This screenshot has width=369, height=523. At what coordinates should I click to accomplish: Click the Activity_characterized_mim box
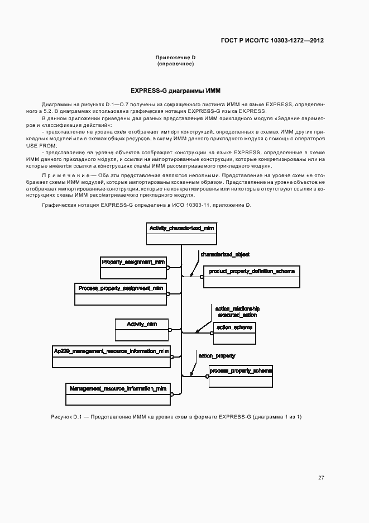180,234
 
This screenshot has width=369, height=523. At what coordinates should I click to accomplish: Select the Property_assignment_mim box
133,267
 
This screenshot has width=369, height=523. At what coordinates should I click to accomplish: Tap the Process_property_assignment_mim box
121,294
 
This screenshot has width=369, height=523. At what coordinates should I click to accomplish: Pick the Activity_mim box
141,330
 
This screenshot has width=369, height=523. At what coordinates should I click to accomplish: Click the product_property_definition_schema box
252,277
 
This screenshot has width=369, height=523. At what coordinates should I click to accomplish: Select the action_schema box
234,333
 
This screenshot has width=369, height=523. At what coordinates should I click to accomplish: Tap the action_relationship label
237,308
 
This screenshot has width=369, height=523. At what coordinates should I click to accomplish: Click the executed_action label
237,315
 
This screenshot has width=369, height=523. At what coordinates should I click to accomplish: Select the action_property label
217,355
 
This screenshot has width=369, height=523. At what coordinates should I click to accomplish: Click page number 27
321,477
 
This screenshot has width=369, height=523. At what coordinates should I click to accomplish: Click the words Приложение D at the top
175,58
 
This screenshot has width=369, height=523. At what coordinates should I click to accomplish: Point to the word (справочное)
175,64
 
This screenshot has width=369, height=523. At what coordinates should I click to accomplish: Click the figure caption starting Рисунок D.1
172,417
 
